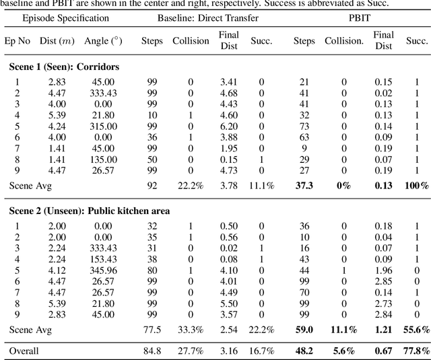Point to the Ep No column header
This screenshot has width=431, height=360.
pos(18,41)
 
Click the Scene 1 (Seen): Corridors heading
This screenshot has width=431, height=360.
pos(64,67)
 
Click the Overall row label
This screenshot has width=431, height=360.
pos(24,351)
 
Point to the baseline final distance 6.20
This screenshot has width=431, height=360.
pos(228,126)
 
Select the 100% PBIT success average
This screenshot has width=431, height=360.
pos(416,185)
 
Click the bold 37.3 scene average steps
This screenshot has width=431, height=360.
pos(304,185)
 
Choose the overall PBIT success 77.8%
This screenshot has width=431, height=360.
pos(415,351)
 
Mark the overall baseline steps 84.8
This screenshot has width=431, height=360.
pos(152,351)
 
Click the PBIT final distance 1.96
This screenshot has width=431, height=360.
pos(384,270)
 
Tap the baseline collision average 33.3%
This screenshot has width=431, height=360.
pos(191,329)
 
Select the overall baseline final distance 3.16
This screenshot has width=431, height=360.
pos(228,351)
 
